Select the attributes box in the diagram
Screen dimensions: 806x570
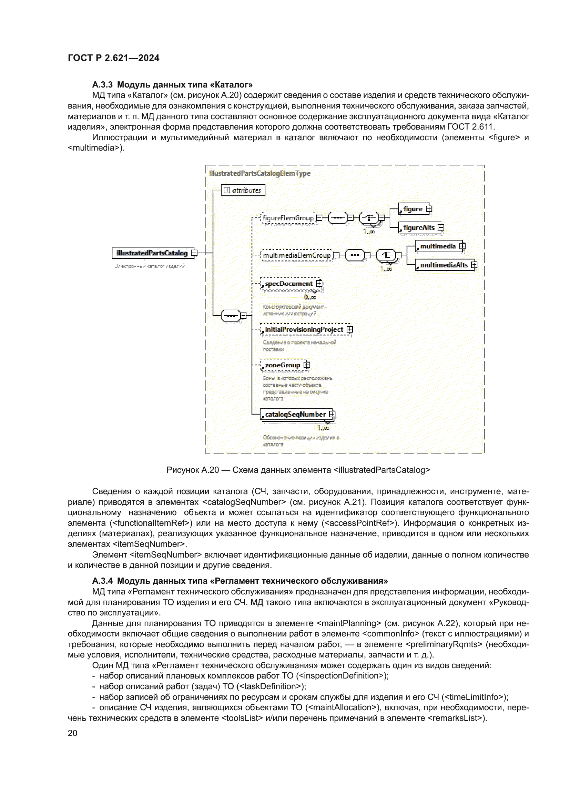243,190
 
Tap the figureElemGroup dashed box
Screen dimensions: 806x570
288,218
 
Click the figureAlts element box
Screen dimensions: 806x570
418,228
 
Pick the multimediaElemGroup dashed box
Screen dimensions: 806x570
297,255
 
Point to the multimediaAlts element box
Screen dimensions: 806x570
444,265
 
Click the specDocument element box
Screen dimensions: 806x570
289,284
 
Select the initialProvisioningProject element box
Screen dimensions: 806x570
304,330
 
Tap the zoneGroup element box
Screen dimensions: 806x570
283,365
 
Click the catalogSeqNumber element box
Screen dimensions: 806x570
295,414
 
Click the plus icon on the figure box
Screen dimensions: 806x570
429,209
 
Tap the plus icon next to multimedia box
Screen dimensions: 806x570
462,246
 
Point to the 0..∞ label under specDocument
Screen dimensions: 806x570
310,297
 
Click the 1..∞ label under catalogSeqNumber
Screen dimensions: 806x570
323,428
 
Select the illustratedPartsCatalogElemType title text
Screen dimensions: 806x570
260,173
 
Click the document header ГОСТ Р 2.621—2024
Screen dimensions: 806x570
114,58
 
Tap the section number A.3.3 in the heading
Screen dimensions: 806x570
102,85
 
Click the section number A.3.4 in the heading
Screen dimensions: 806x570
102,581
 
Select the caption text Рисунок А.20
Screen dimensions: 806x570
193,470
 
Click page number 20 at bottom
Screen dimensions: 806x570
73,733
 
